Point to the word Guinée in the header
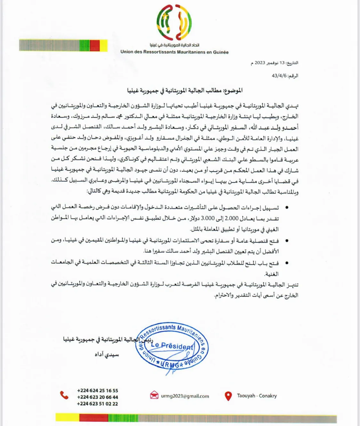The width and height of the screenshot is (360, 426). [x=220, y=52]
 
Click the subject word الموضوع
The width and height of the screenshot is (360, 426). [x=233, y=91]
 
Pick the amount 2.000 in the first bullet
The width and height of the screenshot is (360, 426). [x=232, y=218]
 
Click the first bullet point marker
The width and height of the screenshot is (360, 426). [x=287, y=208]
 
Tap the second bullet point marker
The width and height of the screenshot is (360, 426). [x=287, y=241]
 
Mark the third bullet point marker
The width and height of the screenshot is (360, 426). [x=287, y=263]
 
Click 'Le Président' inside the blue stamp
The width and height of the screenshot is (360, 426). [x=172, y=346]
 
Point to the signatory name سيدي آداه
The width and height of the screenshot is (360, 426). [x=107, y=355]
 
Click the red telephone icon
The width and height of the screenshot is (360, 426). [x=64, y=395]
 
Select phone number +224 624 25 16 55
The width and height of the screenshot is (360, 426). [x=98, y=390]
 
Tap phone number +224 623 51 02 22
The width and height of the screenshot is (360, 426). [x=97, y=404]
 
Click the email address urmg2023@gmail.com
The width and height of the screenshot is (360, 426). [x=185, y=396]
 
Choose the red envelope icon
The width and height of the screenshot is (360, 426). [x=154, y=395]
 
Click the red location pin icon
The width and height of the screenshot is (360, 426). [x=228, y=396]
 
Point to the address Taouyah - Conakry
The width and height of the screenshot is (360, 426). [x=257, y=396]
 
